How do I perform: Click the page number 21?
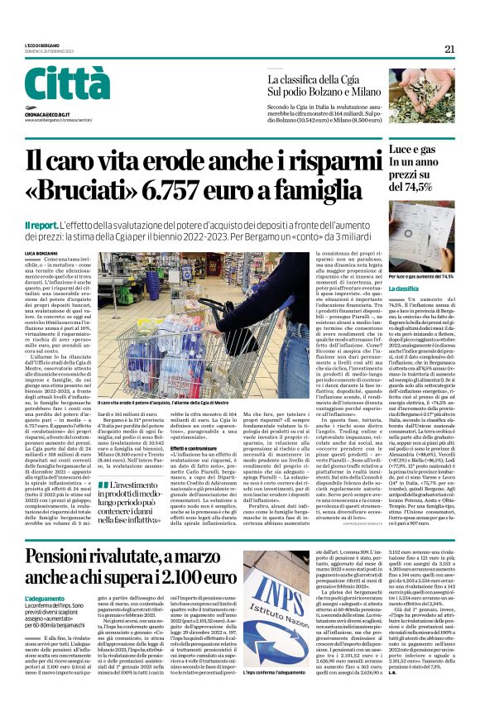pos(449,49)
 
